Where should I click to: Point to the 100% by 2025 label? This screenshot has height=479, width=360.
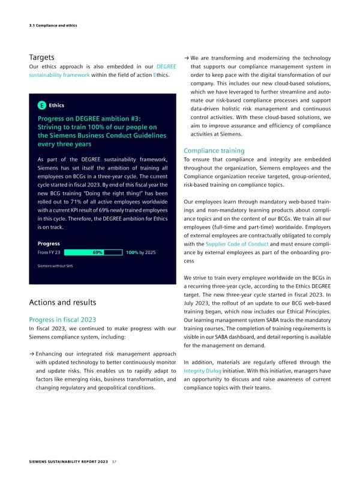pyautogui.click(x=141, y=253)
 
